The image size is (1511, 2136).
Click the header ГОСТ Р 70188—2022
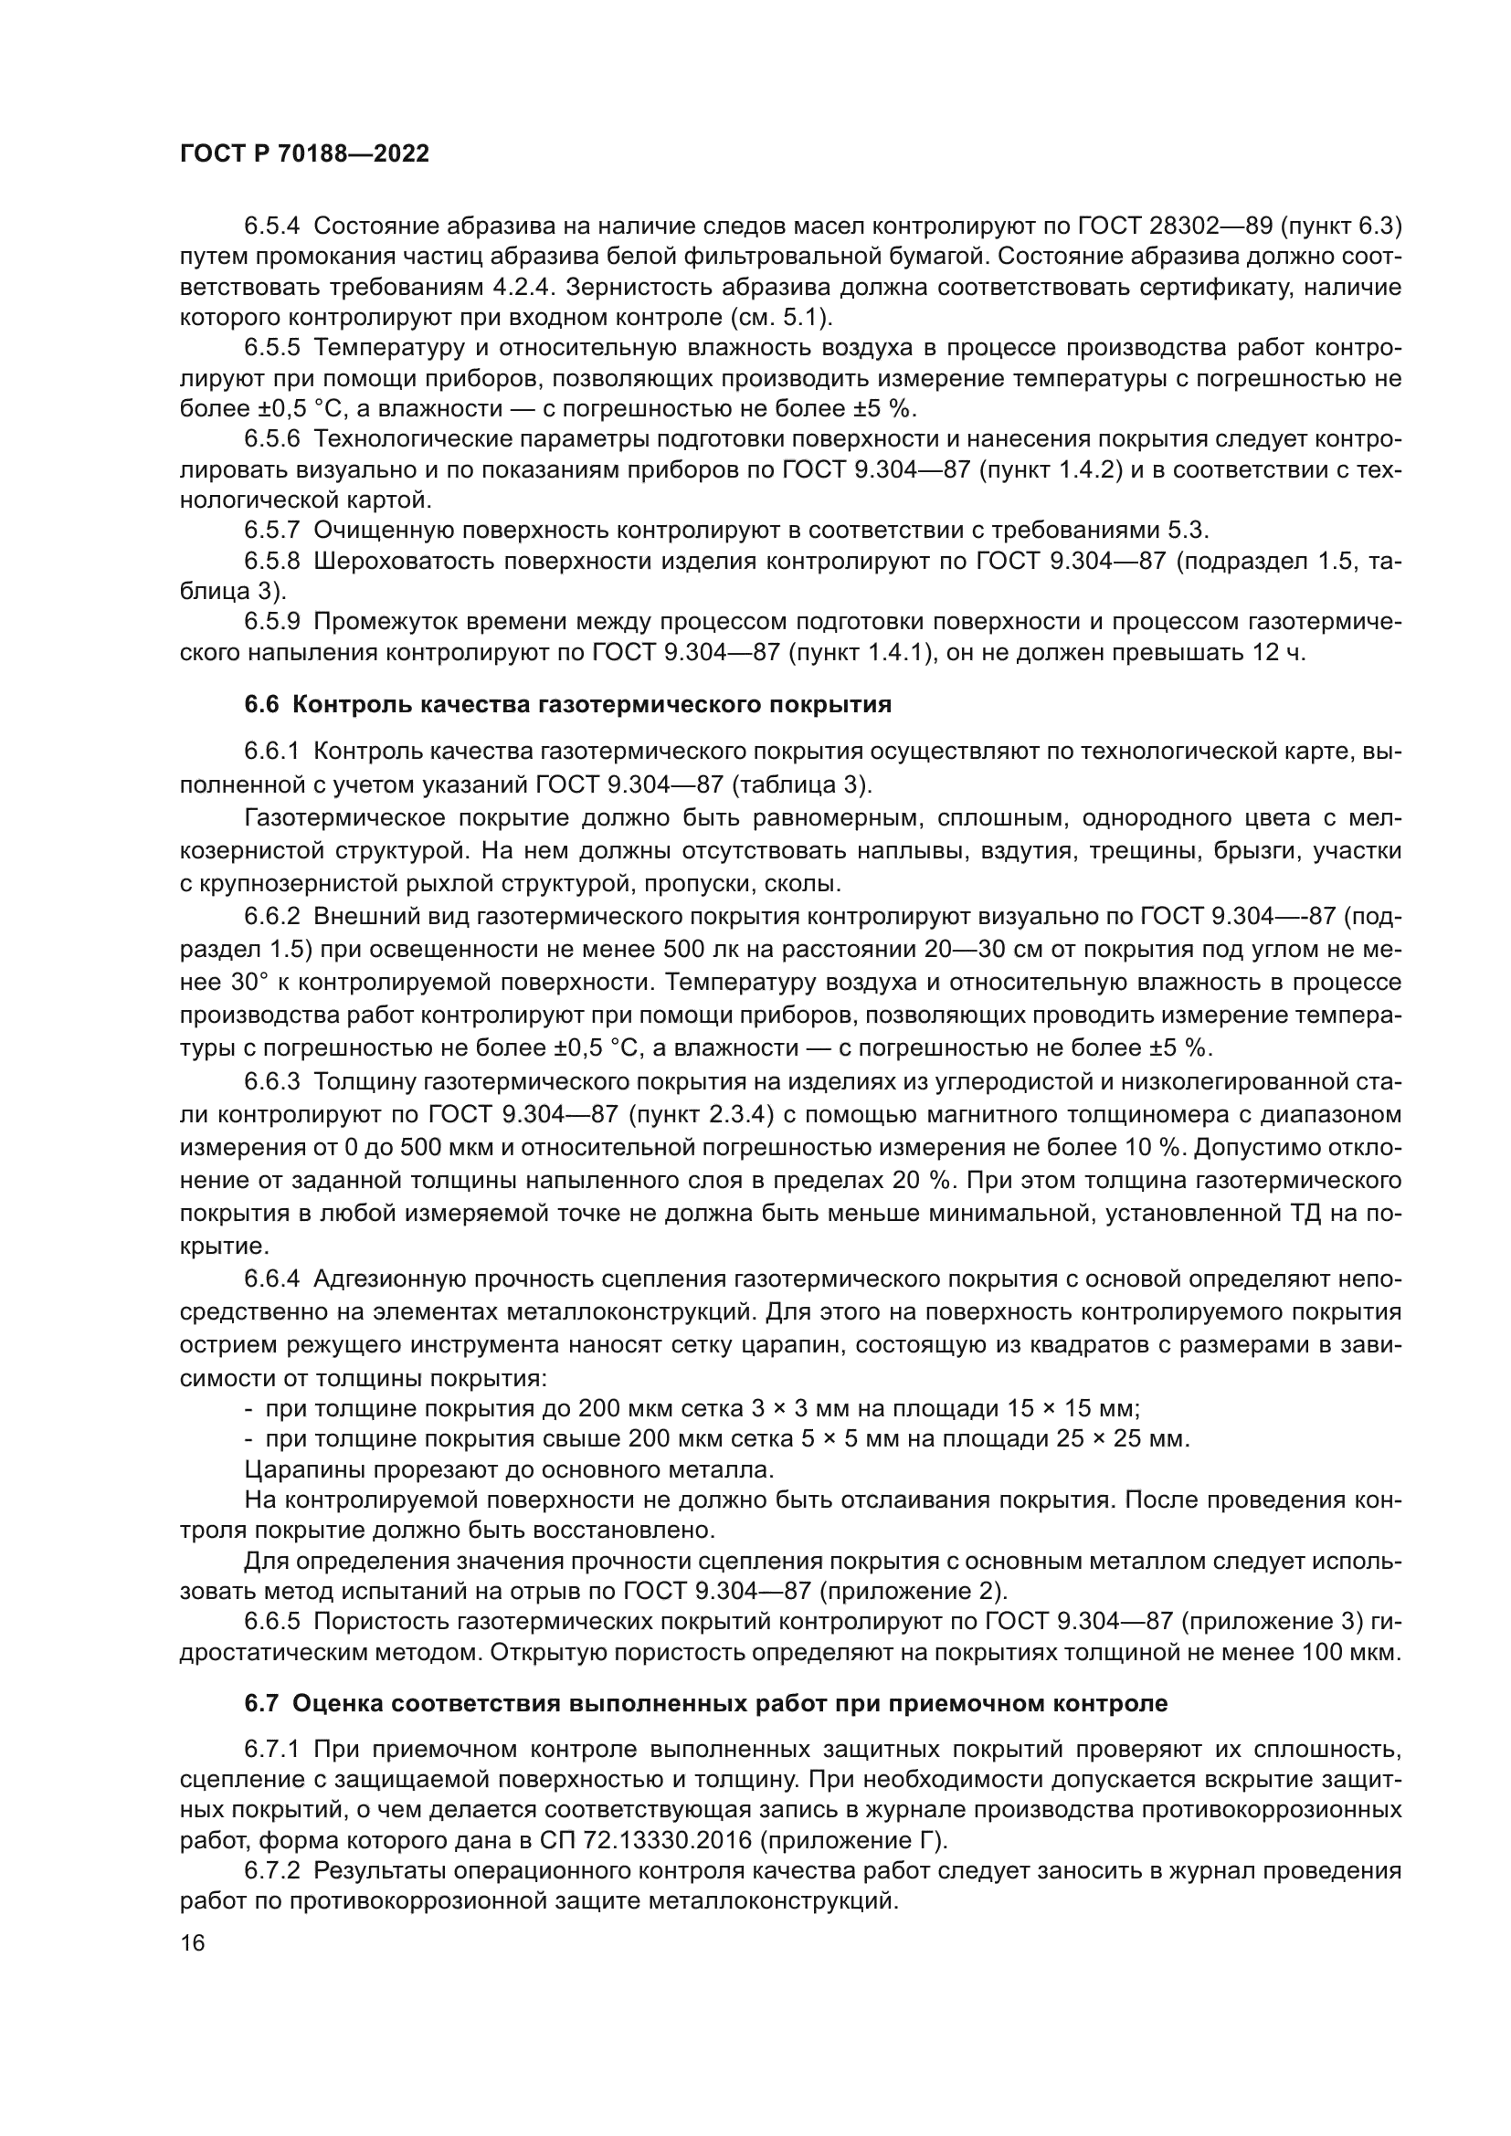pyautogui.click(x=304, y=154)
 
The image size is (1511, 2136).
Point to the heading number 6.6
pyautogui.click(x=261, y=704)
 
